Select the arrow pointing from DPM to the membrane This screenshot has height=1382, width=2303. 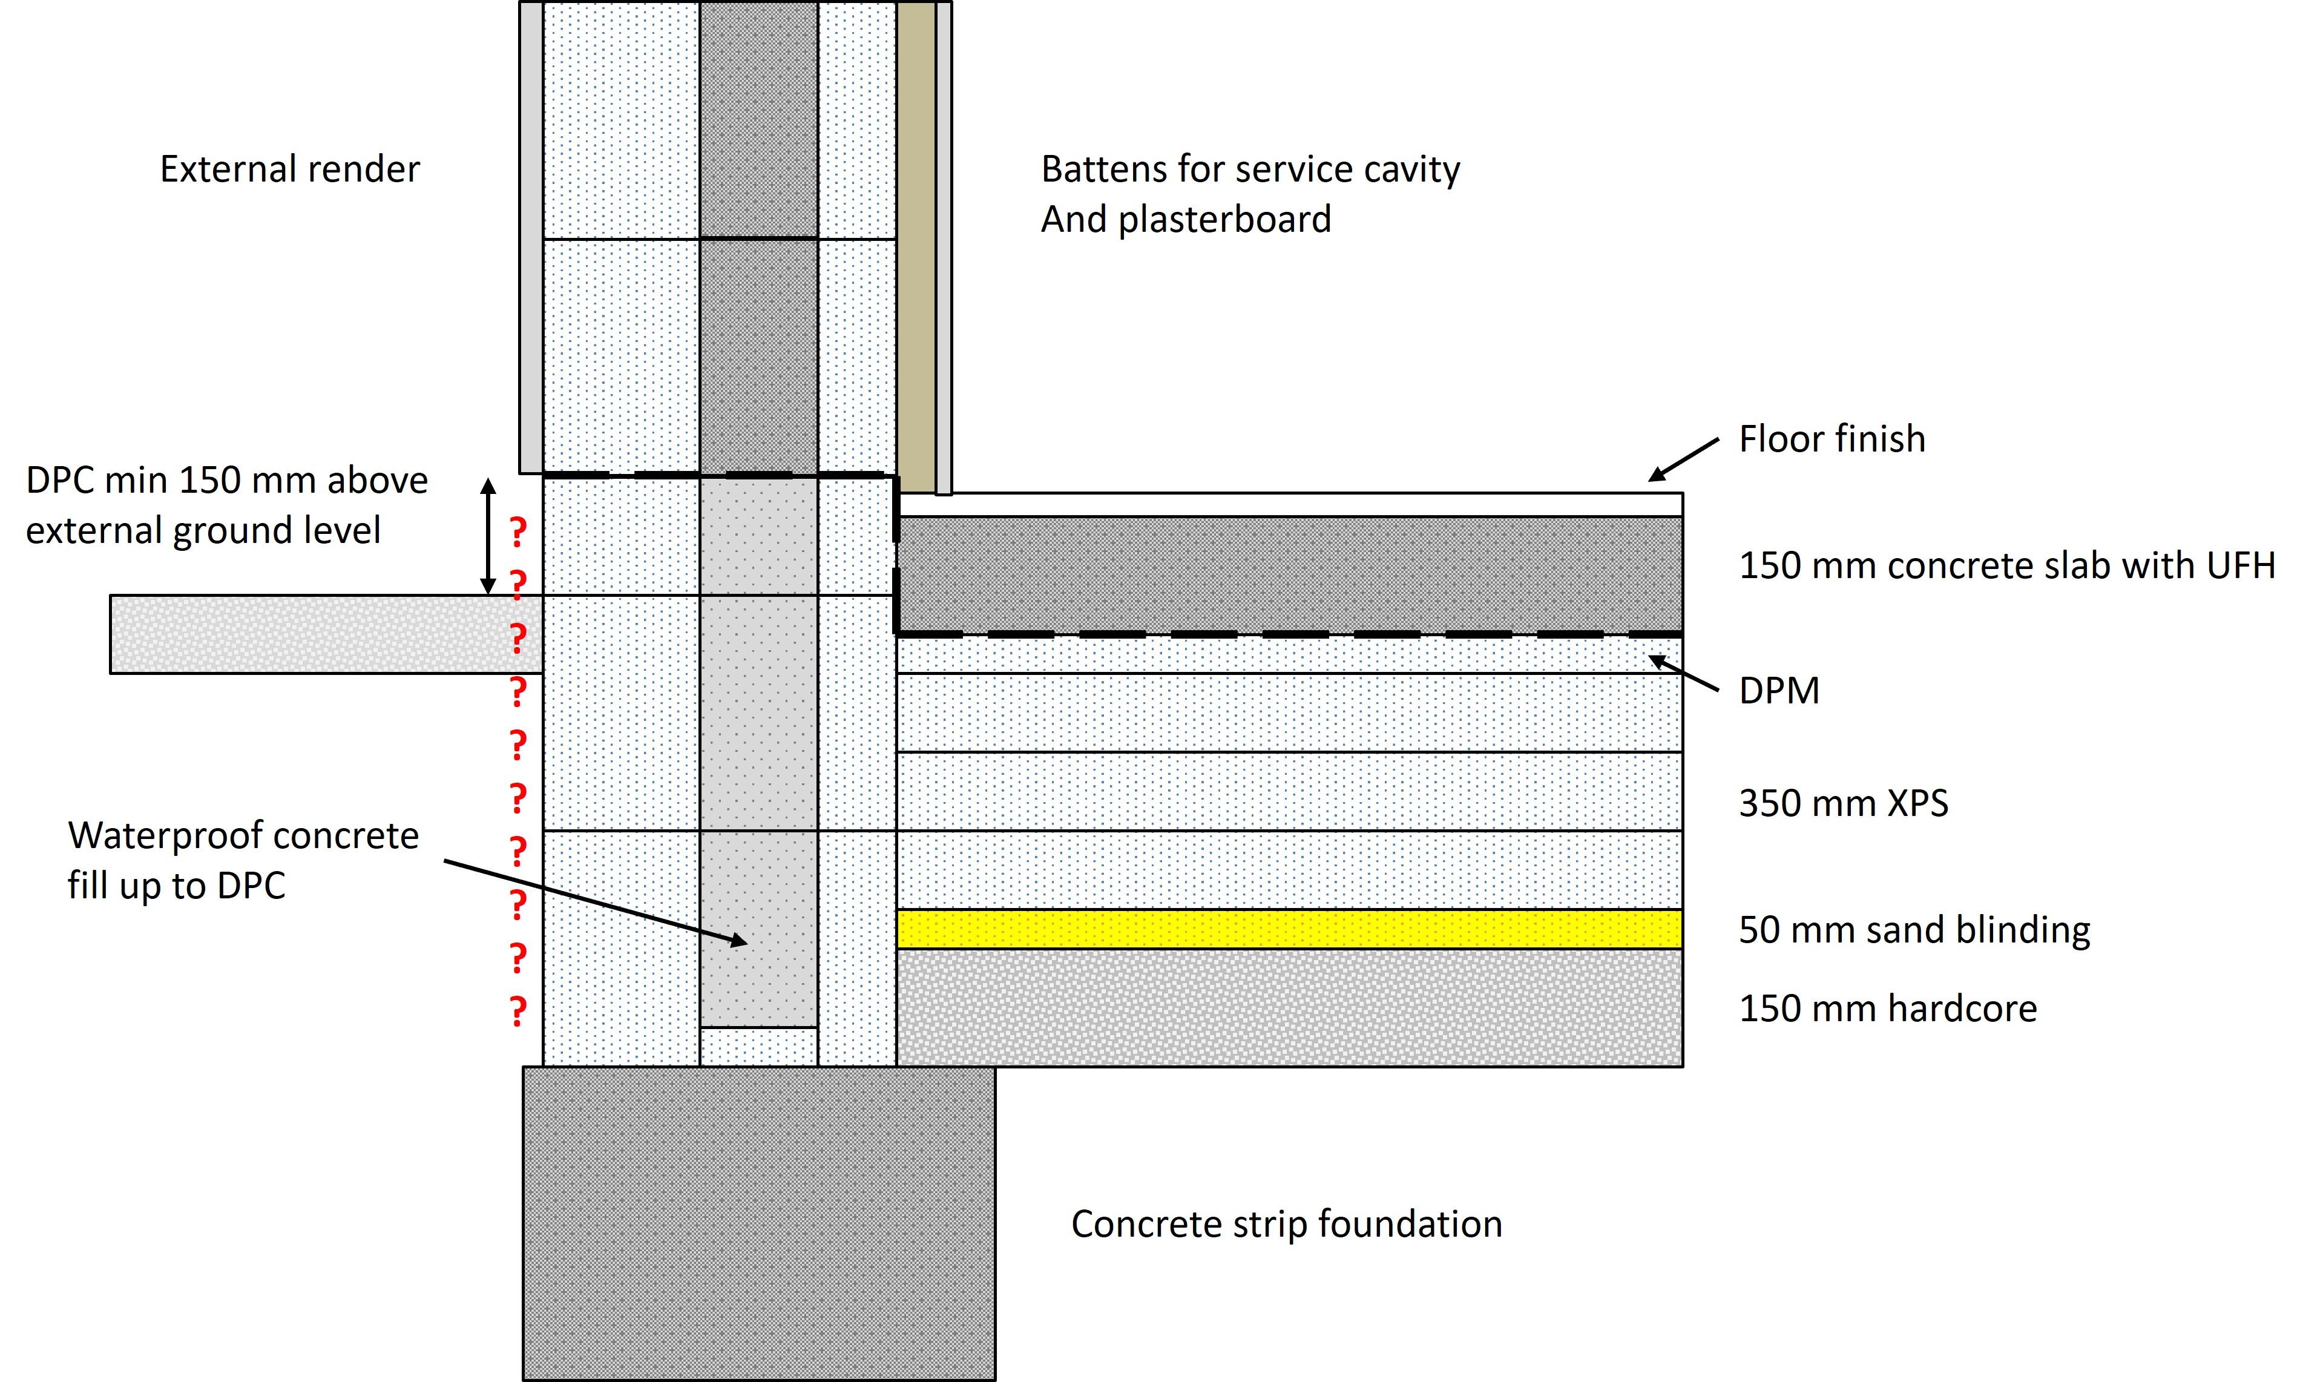(x=1684, y=673)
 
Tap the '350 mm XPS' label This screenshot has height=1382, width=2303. (x=1843, y=803)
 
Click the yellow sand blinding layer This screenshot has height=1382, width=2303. (x=1289, y=929)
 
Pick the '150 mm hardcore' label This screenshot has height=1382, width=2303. (x=1888, y=1009)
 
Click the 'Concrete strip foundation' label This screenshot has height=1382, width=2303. (x=1287, y=1223)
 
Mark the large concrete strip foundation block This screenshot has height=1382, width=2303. (x=758, y=1223)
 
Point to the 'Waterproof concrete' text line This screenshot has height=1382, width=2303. (x=243, y=835)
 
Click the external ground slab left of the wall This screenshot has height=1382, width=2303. (x=326, y=634)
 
